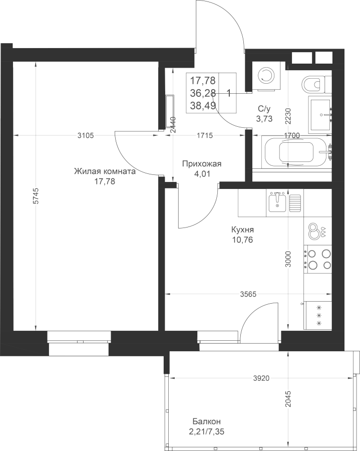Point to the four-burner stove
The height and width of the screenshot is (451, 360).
pyautogui.click(x=318, y=259)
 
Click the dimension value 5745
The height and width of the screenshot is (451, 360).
pyautogui.click(x=36, y=196)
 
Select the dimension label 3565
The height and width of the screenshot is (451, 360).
pyautogui.click(x=248, y=294)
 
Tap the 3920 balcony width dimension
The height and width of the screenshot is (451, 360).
pyautogui.click(x=261, y=378)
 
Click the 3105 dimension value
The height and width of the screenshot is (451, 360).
pyautogui.click(x=86, y=135)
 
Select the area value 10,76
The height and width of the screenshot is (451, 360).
pyautogui.click(x=243, y=240)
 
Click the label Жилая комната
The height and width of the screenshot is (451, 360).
pyautogui.click(x=105, y=172)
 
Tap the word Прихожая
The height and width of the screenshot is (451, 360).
pyautogui.click(x=202, y=164)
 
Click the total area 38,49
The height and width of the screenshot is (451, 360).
pyautogui.click(x=203, y=106)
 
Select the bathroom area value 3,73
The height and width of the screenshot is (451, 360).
pyautogui.click(x=264, y=118)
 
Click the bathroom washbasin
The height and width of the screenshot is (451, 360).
pyautogui.click(x=320, y=115)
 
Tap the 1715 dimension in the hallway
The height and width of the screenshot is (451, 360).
pyautogui.click(x=205, y=135)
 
